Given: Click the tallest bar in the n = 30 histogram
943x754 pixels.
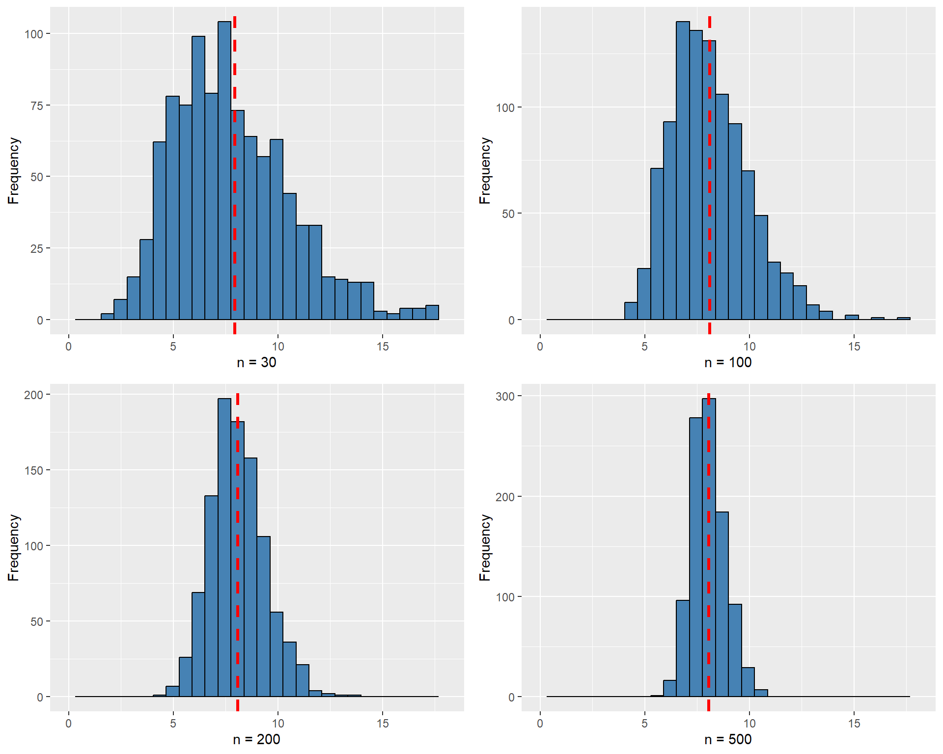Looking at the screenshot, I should (224, 172).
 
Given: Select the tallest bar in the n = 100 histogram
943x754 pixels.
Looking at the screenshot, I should (683, 172).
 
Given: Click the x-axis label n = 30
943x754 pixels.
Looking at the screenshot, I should (256, 362).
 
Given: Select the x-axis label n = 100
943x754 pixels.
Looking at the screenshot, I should (728, 362).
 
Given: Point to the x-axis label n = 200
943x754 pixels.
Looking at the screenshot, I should (256, 739).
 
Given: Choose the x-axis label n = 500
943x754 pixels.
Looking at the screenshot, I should (728, 739).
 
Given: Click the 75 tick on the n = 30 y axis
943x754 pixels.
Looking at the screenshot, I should (37, 106).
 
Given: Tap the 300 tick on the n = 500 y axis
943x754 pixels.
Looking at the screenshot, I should (505, 396).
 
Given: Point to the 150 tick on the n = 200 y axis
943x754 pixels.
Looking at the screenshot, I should (33, 470).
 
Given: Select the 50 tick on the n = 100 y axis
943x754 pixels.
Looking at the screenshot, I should (508, 214).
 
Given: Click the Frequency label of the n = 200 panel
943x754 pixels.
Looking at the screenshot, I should (13, 547).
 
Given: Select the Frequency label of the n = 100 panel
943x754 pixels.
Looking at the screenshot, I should (485, 171).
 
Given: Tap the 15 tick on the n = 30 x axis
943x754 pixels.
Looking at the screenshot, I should (383, 347).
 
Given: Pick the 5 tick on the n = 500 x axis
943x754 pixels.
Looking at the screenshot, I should (644, 724).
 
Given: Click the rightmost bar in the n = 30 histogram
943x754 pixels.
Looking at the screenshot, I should (432, 313).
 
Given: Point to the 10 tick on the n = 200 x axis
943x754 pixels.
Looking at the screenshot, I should (278, 724).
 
